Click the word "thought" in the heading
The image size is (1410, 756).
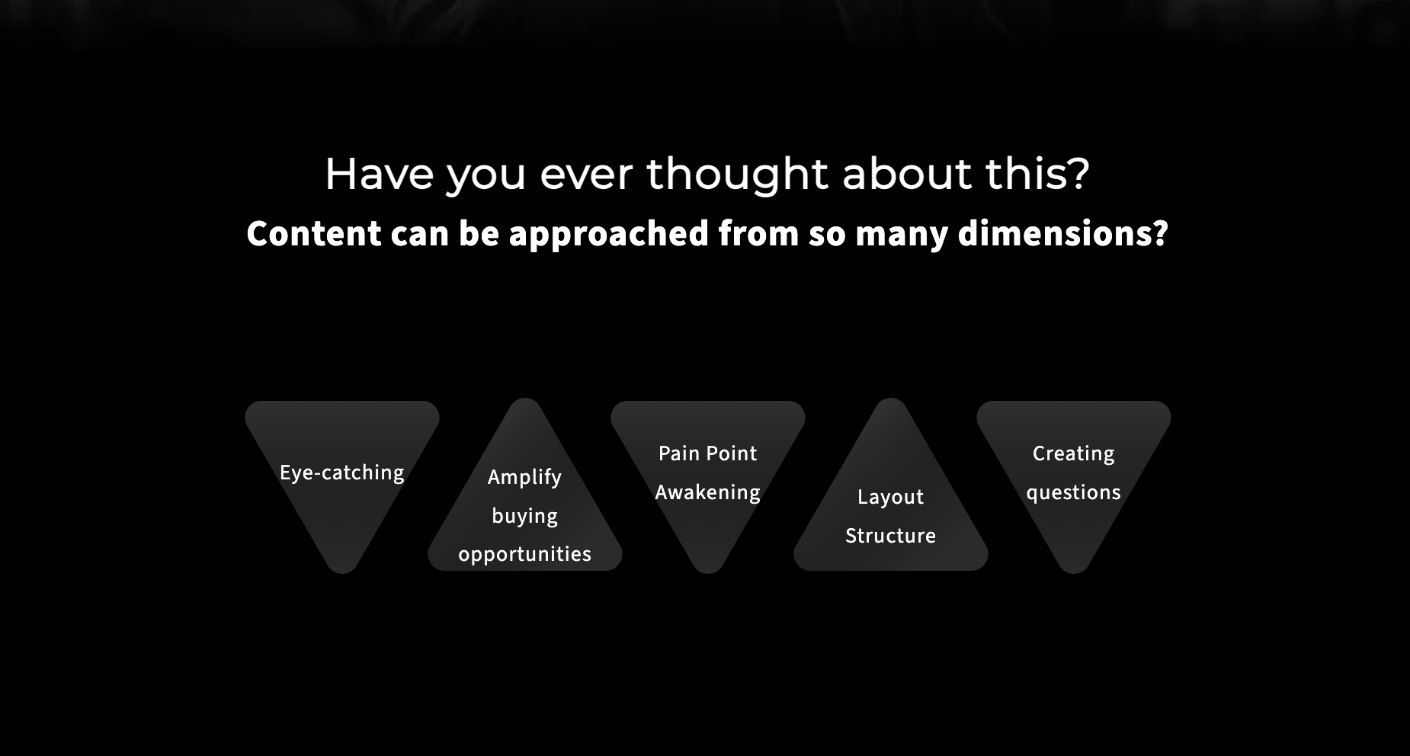[738, 175]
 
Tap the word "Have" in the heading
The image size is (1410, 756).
[378, 174]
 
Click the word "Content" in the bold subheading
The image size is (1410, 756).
[314, 233]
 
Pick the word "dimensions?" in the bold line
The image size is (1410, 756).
[1062, 234]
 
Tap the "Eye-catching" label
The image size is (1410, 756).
[342, 473]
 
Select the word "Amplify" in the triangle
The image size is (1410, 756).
[524, 477]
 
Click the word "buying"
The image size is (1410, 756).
[525, 516]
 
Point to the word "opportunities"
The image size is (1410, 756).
[524, 555]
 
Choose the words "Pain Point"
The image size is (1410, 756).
[708, 453]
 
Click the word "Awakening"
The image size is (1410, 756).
[708, 492]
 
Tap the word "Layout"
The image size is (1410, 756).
[890, 497]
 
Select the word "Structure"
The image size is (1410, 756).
[890, 536]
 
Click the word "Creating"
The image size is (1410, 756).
[1073, 454]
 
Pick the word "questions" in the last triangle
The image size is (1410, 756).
[1073, 493]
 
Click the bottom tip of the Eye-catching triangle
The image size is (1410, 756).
[342, 573]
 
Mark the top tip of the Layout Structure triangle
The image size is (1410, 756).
[891, 399]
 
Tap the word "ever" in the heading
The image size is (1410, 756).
[586, 175]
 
